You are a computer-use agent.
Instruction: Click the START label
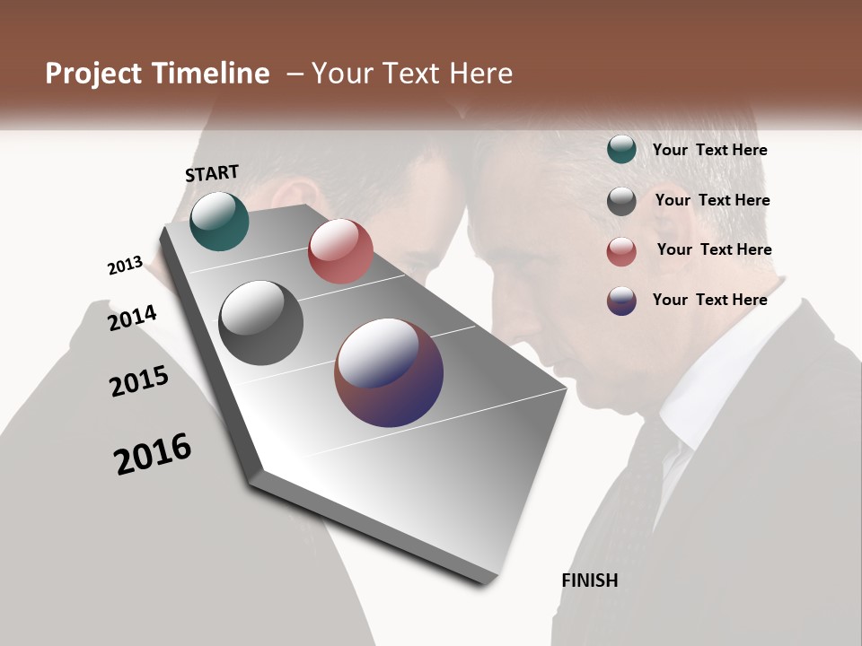[212, 173]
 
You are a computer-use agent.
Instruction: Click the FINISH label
[589, 581]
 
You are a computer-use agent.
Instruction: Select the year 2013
[126, 266]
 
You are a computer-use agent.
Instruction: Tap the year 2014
[133, 318]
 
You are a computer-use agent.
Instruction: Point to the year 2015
[139, 380]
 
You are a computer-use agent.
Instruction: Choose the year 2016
[154, 453]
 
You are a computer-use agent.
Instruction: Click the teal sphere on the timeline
[219, 222]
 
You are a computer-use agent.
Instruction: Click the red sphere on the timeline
[340, 251]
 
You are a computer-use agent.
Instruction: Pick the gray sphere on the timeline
[260, 323]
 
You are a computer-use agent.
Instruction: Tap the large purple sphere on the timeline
[389, 372]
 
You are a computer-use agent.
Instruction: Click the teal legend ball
[621, 150]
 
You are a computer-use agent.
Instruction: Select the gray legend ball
[621, 201]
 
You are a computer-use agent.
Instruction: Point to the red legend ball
[621, 251]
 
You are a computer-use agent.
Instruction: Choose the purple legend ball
[621, 301]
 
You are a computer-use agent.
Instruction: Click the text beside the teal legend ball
[709, 150]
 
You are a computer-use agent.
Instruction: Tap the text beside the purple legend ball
[709, 300]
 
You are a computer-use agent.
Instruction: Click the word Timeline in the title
[211, 74]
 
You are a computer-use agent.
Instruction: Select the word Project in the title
[92, 74]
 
